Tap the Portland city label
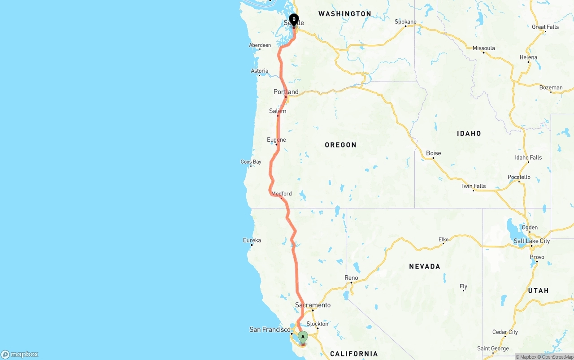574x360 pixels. point(286,92)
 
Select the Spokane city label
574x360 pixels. point(405,22)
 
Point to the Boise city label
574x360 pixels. point(433,153)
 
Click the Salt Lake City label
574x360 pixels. point(532,241)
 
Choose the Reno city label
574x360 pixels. point(351,278)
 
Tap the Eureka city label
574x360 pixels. point(252,240)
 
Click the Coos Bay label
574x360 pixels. point(251,162)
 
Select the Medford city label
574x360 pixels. point(282,194)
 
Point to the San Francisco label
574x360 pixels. point(270,330)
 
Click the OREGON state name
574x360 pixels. point(341,145)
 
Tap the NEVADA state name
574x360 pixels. point(425,266)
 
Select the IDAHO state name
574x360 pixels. point(469,133)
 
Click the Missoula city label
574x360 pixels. point(484,48)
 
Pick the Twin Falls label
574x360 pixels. point(473,186)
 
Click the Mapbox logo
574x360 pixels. point(20,355)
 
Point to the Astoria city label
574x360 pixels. point(260,71)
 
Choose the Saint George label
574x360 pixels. point(493,348)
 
